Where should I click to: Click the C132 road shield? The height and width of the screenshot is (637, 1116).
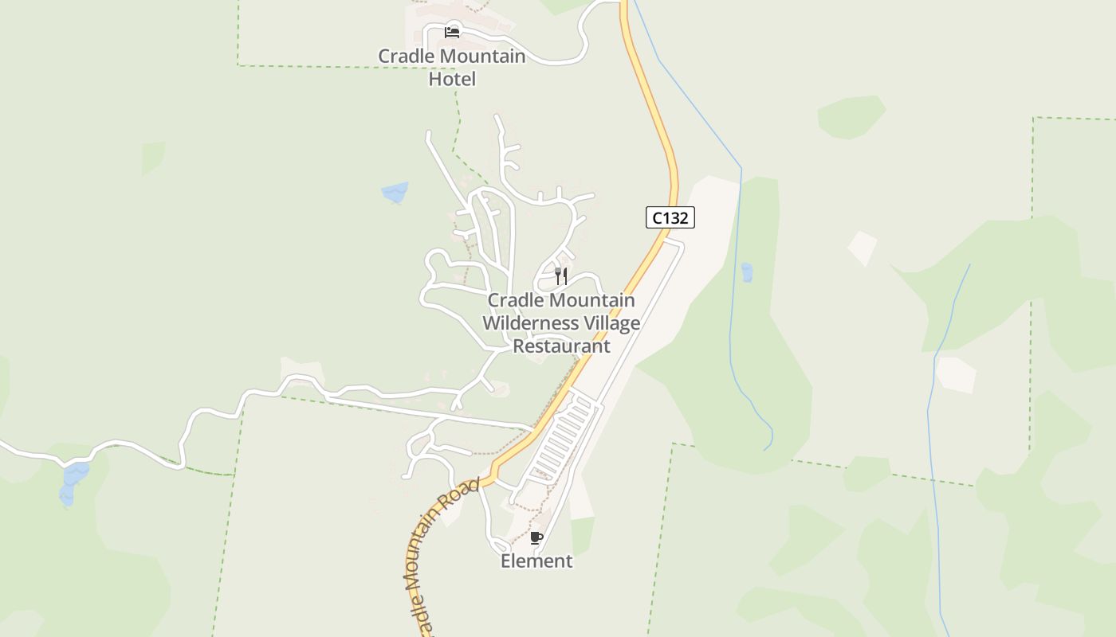tap(670, 217)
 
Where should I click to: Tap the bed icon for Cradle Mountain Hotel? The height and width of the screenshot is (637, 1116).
tap(452, 33)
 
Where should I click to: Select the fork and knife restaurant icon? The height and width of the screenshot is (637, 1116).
tap(561, 276)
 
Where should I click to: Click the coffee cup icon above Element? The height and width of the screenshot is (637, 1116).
tap(536, 538)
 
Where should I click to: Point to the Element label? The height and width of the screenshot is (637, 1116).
tap(536, 561)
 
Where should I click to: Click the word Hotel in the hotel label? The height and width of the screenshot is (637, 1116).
tap(452, 79)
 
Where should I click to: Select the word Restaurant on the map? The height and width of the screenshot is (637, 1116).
tap(561, 346)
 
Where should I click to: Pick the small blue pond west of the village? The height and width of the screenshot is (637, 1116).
tap(395, 192)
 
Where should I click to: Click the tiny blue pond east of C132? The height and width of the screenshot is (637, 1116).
tap(747, 272)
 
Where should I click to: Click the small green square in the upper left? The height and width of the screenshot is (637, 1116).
tap(153, 158)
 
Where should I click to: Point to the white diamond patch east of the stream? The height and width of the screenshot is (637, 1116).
tap(862, 248)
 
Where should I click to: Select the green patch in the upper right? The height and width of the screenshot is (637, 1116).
tap(851, 116)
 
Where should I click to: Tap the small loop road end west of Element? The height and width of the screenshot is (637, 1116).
tap(500, 546)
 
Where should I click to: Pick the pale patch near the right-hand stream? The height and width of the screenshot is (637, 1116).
tap(956, 374)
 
